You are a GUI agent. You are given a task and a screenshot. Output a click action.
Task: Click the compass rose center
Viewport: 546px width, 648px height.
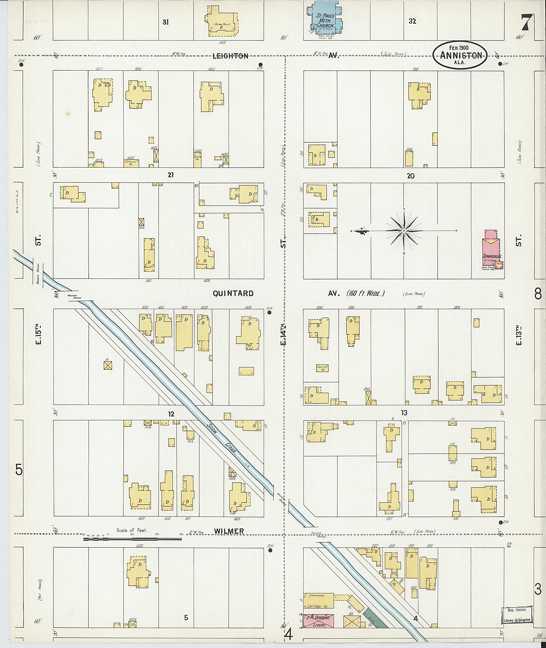[404, 231]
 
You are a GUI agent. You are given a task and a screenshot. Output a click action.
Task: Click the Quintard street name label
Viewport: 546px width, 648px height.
[233, 294]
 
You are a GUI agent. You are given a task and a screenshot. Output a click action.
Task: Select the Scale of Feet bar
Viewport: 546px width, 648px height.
[133, 539]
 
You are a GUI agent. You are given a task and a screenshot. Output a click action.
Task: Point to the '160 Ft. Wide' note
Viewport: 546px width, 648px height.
[366, 293]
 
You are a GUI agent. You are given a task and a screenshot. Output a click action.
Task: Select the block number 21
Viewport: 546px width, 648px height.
[171, 175]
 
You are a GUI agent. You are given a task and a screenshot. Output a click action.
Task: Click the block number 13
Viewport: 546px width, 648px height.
[404, 413]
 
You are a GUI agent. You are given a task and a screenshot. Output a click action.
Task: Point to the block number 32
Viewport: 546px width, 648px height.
[412, 21]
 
